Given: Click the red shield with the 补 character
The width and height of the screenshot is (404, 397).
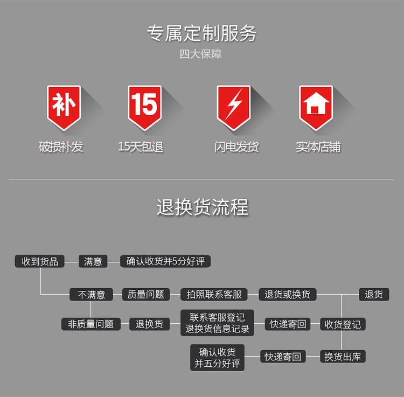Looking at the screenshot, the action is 64,107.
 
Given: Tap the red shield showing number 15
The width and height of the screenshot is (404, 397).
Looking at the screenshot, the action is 144,107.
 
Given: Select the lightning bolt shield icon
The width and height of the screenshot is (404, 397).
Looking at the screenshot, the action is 234,107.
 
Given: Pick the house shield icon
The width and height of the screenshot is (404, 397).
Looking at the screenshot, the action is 316,107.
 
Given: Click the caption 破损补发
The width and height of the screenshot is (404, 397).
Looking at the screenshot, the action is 61,147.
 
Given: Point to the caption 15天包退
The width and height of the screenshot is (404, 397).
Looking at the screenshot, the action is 141,147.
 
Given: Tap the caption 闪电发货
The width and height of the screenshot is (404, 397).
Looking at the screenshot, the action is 236,147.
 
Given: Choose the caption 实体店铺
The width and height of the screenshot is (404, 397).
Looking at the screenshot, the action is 318,147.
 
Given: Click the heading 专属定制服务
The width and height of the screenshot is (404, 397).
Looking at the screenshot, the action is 202,33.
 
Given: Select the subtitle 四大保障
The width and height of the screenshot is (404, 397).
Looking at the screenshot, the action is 201,54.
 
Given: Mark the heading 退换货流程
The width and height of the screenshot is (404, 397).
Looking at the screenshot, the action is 203,207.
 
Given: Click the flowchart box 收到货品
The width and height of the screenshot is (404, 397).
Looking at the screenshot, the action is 40,261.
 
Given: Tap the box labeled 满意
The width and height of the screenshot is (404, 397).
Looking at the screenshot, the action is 93,261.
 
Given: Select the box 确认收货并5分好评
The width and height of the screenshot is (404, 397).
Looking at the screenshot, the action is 165,261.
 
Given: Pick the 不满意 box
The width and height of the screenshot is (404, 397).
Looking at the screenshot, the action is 91,295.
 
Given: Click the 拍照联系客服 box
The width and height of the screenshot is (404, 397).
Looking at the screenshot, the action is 214,295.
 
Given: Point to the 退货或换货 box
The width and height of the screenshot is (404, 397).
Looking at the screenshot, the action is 288,295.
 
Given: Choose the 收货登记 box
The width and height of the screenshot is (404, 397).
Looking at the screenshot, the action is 343,324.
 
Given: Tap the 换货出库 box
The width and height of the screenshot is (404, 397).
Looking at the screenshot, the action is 343,357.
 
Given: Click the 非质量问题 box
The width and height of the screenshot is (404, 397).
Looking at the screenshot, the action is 91,324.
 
